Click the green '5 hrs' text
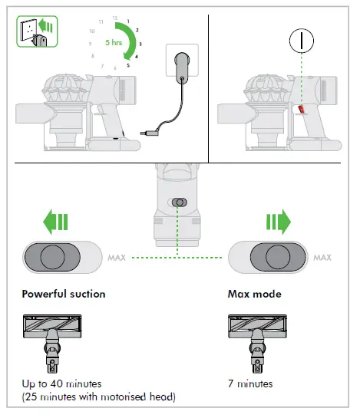(114, 43)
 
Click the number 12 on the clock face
(114, 16)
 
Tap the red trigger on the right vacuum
(300, 113)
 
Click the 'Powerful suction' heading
(64, 294)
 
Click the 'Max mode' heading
(255, 294)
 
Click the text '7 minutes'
(250, 383)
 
